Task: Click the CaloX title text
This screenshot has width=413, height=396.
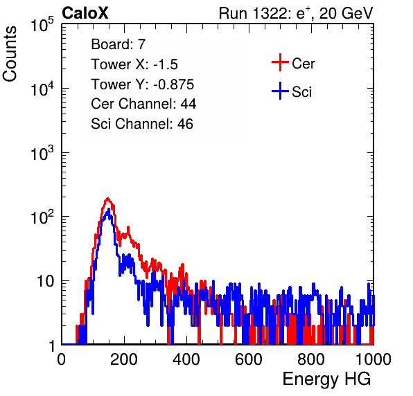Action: tap(85, 13)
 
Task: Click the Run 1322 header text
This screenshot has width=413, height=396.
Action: tap(296, 14)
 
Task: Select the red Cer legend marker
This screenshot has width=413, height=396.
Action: tap(280, 62)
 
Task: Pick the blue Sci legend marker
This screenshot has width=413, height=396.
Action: tap(280, 91)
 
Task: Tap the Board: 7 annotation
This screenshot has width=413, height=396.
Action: tap(118, 44)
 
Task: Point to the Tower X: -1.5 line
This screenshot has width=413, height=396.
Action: tap(134, 64)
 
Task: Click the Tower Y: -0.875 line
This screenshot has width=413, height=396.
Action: tap(143, 84)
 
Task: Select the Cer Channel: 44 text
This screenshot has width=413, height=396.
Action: tap(143, 104)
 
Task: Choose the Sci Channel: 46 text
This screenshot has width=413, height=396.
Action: tap(142, 124)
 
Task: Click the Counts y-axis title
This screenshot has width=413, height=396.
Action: tap(10, 53)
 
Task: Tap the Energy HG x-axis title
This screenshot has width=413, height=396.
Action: tap(326, 379)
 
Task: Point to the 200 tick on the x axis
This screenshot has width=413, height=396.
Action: tap(123, 359)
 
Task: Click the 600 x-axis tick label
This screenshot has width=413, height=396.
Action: tap(248, 359)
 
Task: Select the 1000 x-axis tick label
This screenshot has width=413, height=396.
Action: tap(374, 359)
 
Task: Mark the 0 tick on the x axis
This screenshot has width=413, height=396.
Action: tap(62, 359)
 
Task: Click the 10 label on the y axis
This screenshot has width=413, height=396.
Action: tap(46, 281)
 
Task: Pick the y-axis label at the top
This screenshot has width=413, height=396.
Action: tap(42, 25)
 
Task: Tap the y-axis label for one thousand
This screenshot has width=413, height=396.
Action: tap(42, 153)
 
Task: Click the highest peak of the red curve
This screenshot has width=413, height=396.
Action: tap(107, 199)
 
